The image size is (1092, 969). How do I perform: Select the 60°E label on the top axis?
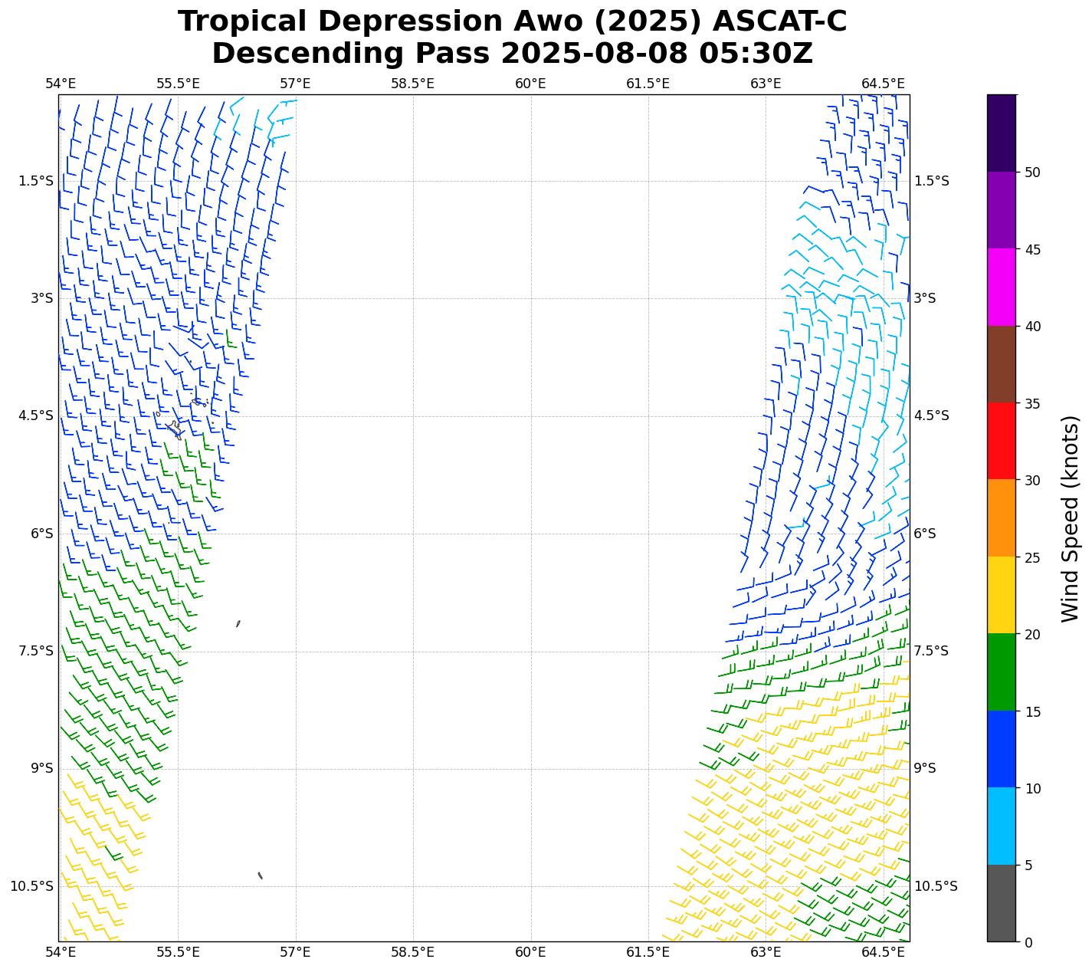click(x=530, y=84)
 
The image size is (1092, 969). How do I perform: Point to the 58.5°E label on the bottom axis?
click(x=412, y=952)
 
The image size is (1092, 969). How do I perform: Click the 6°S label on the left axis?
click(x=42, y=534)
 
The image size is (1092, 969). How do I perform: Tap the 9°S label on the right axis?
click(x=925, y=768)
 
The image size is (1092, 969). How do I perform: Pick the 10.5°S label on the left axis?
click(x=32, y=886)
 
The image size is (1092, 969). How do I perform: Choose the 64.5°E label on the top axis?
click(x=883, y=84)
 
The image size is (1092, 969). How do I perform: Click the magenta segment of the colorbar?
click(x=1001, y=287)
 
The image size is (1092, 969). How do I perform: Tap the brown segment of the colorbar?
click(x=1001, y=364)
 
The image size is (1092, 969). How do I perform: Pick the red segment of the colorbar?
click(x=1001, y=441)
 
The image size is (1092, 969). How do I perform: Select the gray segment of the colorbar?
click(x=1001, y=903)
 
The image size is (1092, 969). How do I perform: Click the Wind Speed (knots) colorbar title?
click(x=1070, y=518)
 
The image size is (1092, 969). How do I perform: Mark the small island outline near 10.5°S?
click(x=261, y=875)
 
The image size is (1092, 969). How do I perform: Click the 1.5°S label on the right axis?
click(x=931, y=181)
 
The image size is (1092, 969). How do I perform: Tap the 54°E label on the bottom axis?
click(x=61, y=952)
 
